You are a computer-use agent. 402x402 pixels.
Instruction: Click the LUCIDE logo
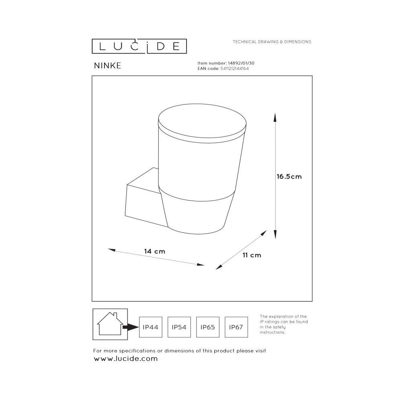139,46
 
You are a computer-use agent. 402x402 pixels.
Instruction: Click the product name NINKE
107,66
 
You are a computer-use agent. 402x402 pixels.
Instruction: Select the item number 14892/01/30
241,63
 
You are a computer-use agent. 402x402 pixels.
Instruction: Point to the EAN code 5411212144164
235,68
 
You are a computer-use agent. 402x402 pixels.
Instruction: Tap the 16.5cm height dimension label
289,176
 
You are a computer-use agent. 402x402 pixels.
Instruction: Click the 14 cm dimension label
155,251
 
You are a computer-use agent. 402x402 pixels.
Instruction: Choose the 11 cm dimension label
252,255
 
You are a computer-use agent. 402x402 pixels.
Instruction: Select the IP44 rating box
151,327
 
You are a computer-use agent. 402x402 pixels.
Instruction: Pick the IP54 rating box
179,327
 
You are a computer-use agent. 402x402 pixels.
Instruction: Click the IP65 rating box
208,327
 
